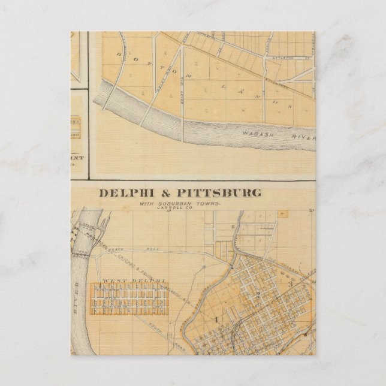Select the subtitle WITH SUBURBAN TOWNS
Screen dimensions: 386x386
pyautogui.click(x=180, y=204)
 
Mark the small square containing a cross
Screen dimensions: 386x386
pyautogui.click(x=282, y=213)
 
